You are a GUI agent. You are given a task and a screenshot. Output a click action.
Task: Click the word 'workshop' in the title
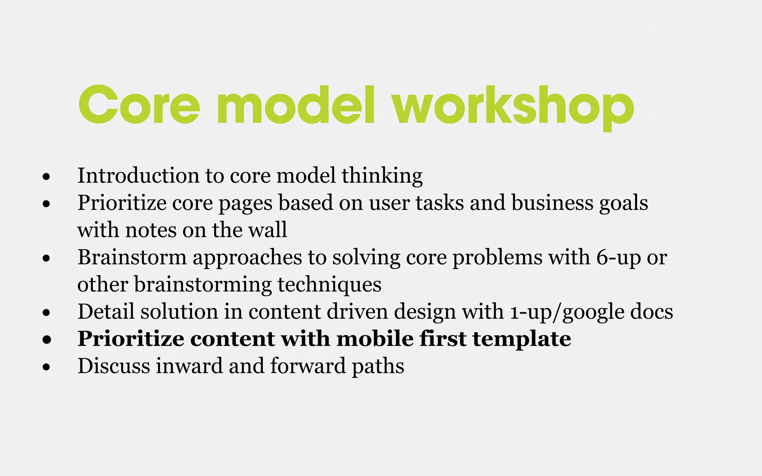[x=513, y=106]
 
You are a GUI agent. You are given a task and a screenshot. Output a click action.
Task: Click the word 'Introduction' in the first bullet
[x=138, y=176]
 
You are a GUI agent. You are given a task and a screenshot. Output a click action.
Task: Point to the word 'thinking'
[x=382, y=176]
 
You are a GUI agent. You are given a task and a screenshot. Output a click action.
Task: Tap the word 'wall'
[x=268, y=230]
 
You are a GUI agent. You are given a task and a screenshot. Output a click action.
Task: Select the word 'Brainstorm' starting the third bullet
[x=132, y=257]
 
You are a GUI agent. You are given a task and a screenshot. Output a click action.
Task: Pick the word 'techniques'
[x=329, y=285]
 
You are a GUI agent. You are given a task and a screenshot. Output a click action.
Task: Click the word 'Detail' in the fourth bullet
[x=106, y=312]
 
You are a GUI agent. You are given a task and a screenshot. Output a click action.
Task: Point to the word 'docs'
[x=652, y=312]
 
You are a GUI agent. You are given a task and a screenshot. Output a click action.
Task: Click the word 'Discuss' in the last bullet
[x=113, y=366]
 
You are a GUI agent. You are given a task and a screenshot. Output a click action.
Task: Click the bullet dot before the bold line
[x=47, y=340]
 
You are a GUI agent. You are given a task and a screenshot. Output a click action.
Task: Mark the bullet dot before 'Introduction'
[x=47, y=177]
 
